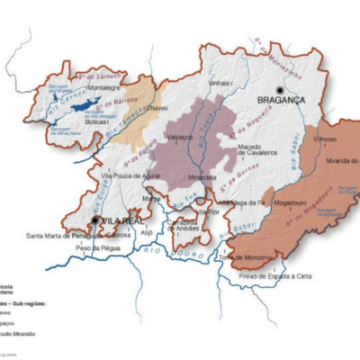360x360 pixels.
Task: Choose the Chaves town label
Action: pos(157,107)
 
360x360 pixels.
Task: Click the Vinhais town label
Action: pos(220,83)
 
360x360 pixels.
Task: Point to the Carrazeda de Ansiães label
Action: pos(186,223)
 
